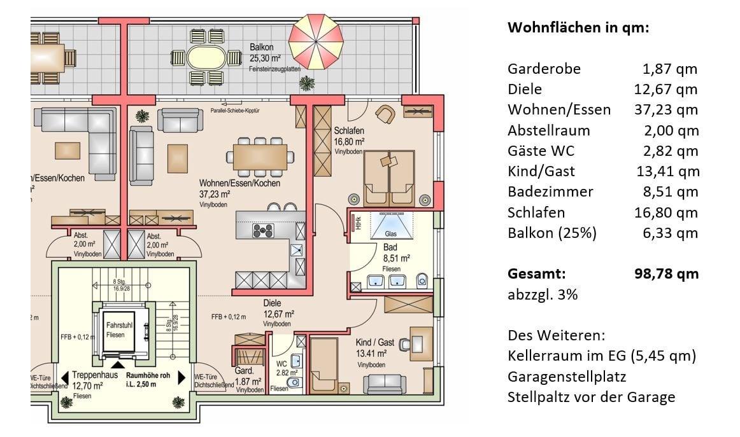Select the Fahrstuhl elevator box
coord(120,330)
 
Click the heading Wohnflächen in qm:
coord(578,28)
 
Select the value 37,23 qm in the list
coord(666,110)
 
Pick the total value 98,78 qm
coord(667,274)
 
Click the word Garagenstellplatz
coord(567,377)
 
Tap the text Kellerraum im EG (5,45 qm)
coord(601,356)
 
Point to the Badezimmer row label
coord(550,191)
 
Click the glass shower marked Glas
coord(391,226)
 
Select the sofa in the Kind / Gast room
coord(384,384)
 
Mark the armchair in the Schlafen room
coord(385,114)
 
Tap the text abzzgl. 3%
coord(543,295)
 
